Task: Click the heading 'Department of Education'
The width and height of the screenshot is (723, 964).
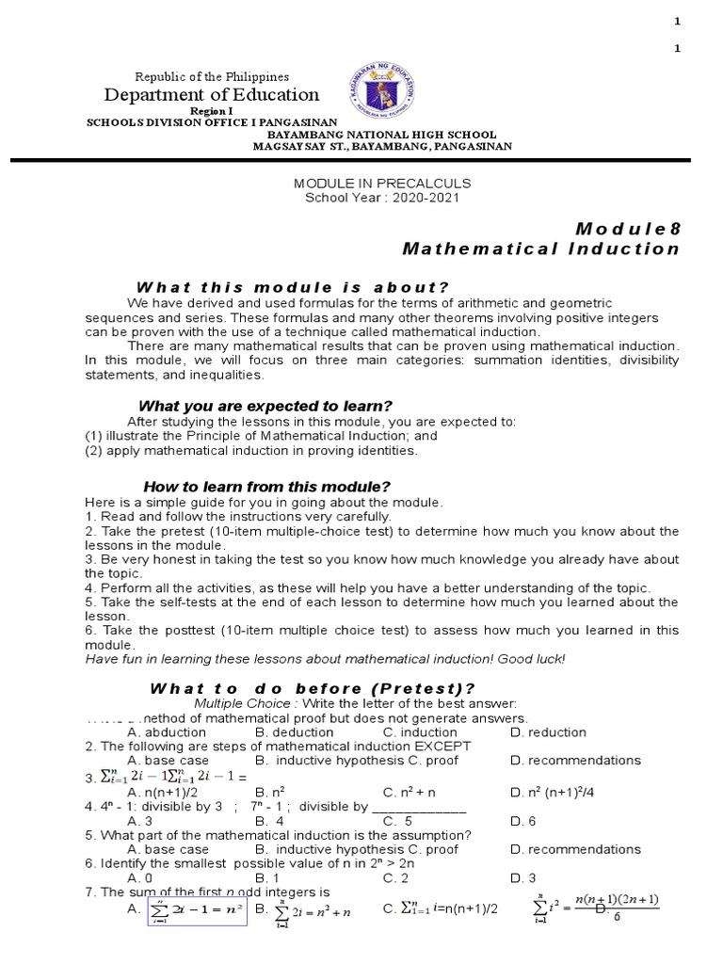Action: [x=212, y=95]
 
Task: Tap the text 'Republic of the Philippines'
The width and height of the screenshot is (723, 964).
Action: [x=212, y=76]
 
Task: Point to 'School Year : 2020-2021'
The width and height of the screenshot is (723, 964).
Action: [x=382, y=197]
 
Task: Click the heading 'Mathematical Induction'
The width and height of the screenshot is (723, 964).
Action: [x=540, y=249]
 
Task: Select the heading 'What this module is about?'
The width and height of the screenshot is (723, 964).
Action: [x=293, y=287]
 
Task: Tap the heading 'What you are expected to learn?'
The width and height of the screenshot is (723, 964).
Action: [x=265, y=406]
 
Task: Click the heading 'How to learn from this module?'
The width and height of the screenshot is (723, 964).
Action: [x=266, y=487]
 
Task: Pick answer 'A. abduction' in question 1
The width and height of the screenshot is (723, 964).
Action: [x=166, y=732]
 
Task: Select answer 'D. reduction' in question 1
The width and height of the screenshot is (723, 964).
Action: [x=548, y=732]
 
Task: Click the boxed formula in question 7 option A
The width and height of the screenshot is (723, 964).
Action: [x=197, y=910]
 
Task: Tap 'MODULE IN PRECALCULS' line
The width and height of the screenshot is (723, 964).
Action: [x=382, y=183]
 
